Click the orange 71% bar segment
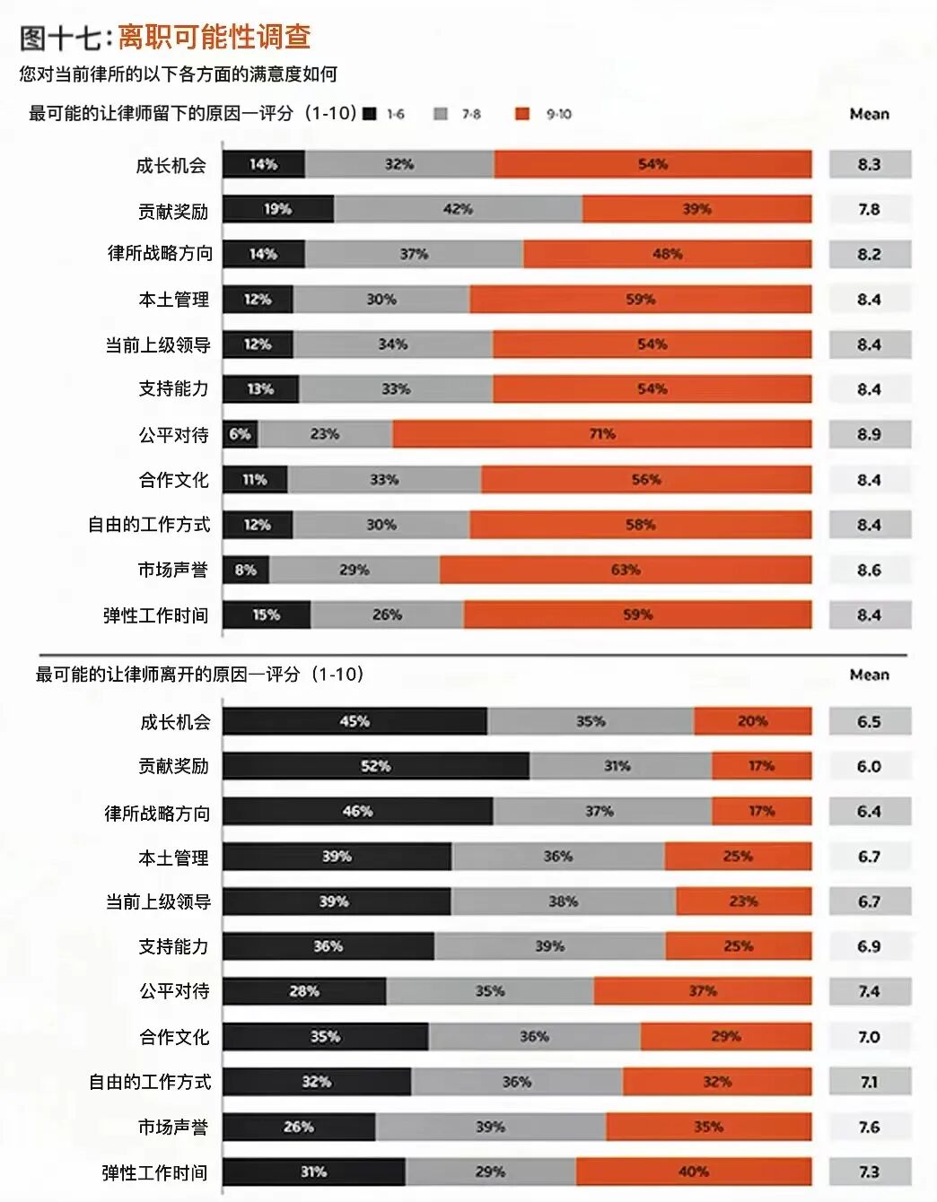tap(601, 434)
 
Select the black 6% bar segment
tap(240, 434)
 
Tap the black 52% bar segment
tap(375, 766)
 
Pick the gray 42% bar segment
tap(458, 209)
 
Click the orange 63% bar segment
tap(626, 570)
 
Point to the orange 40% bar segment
tap(694, 1172)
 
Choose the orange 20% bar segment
tap(752, 721)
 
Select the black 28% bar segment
tap(304, 991)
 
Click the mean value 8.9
tap(869, 434)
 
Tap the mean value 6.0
tap(869, 766)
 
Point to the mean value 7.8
tap(869, 209)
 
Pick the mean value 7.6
tap(869, 1127)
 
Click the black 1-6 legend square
tap(370, 114)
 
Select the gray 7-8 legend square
tap(441, 114)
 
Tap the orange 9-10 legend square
tap(523, 114)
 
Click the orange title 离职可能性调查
tap(215, 37)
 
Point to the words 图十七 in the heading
tap(59, 38)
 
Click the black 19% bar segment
tap(277, 209)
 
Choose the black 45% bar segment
tap(355, 721)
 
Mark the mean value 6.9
tap(869, 946)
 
